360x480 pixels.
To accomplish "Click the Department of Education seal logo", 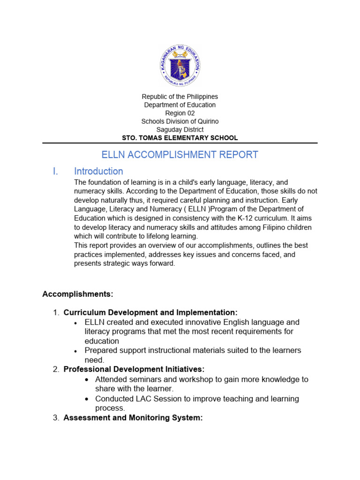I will point(180,67).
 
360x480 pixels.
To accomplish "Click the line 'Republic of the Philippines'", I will point(180,97).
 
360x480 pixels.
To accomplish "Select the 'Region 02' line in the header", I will point(180,113).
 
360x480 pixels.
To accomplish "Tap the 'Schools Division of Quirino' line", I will point(180,121).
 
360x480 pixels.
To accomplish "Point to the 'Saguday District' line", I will point(180,129).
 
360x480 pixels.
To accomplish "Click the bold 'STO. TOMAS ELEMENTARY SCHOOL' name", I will point(180,138).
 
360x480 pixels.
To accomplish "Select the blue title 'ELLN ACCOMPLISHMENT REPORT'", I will point(180,155).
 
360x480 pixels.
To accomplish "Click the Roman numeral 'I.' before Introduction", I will point(55,171).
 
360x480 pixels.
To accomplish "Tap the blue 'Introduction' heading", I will point(98,171).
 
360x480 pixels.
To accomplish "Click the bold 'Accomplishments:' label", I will point(78,294).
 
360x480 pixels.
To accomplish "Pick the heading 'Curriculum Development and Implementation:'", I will point(150,312).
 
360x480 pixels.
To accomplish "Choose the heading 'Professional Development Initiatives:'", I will point(134,369).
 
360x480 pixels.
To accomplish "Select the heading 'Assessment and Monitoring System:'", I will point(133,418).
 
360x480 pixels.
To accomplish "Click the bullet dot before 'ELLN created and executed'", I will point(76,323).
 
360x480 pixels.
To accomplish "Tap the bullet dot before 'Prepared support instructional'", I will point(76,351).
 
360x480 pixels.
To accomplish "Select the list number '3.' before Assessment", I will point(56,418).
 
